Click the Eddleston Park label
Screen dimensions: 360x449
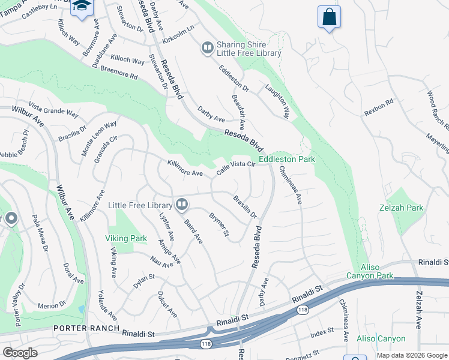pyautogui.click(x=286, y=160)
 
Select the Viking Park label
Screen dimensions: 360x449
pyautogui.click(x=126, y=238)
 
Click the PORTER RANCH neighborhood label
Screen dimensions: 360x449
pyautogui.click(x=85, y=328)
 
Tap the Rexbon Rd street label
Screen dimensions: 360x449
pyautogui.click(x=378, y=107)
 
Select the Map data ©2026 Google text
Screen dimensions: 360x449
pyautogui.click(x=411, y=355)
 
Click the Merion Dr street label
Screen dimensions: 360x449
pyautogui.click(x=51, y=306)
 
